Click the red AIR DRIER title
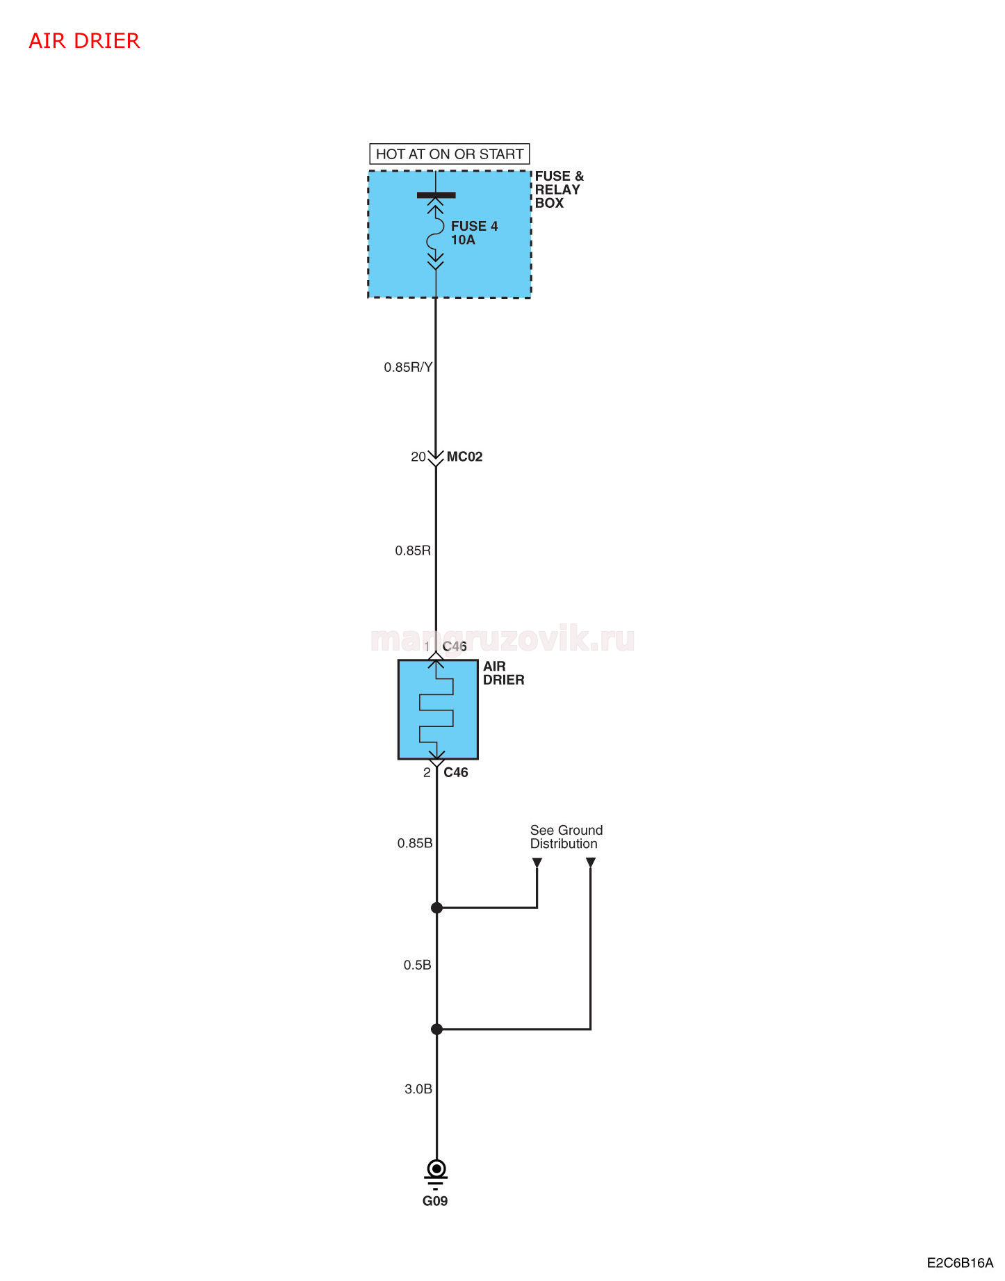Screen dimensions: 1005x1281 click(84, 41)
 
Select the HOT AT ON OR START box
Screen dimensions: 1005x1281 click(449, 154)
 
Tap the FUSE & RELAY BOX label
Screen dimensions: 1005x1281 click(559, 190)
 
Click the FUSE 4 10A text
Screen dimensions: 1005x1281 click(474, 233)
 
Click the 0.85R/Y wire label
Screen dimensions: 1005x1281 click(408, 367)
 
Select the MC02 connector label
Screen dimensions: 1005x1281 click(464, 457)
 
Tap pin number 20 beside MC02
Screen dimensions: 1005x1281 click(418, 457)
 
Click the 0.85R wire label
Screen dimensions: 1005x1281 click(413, 550)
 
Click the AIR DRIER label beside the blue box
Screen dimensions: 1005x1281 click(503, 673)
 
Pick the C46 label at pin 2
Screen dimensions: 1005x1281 click(455, 772)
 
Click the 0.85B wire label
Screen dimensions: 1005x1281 click(415, 843)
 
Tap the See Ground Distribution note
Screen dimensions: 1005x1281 click(566, 837)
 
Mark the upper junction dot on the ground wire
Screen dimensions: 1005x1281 click(436, 908)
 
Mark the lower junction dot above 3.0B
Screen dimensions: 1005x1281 click(436, 1029)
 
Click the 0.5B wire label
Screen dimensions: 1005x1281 click(417, 965)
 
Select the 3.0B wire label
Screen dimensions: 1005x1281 click(418, 1089)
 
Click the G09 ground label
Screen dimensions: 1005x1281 click(435, 1201)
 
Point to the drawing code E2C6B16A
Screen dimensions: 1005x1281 click(960, 1263)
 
